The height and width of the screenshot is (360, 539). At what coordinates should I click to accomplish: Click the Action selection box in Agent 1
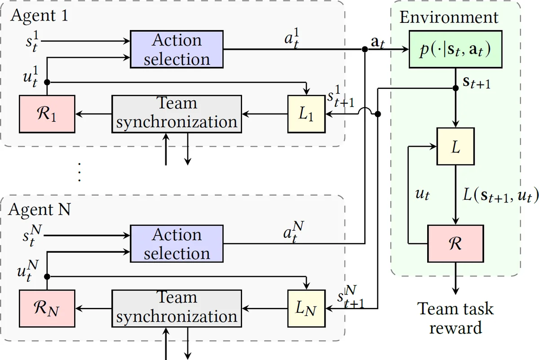pyautogui.click(x=177, y=49)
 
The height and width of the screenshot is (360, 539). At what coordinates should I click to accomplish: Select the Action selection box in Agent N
pyautogui.click(x=177, y=244)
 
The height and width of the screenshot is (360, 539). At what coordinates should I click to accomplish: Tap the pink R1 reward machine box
pyautogui.click(x=47, y=114)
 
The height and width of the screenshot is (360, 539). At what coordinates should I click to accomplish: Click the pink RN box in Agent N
pyautogui.click(x=47, y=309)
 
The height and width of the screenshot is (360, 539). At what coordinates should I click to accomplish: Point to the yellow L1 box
pyautogui.click(x=306, y=114)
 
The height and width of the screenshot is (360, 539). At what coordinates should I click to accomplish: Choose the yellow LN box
pyautogui.click(x=306, y=309)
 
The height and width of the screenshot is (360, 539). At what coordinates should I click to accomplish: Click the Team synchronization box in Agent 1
pyautogui.click(x=177, y=114)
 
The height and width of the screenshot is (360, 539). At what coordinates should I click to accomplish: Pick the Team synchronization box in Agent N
pyautogui.click(x=177, y=308)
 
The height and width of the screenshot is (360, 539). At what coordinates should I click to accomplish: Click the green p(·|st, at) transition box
pyautogui.click(x=455, y=50)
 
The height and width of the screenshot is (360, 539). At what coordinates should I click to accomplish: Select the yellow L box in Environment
pyautogui.click(x=455, y=147)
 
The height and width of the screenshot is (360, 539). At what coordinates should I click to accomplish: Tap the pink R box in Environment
pyautogui.click(x=455, y=244)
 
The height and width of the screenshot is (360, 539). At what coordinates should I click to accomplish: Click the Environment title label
pyautogui.click(x=449, y=18)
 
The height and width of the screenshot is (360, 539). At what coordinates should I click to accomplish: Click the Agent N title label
pyautogui.click(x=40, y=210)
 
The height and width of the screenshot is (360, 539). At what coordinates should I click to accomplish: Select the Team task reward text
pyautogui.click(x=455, y=318)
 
